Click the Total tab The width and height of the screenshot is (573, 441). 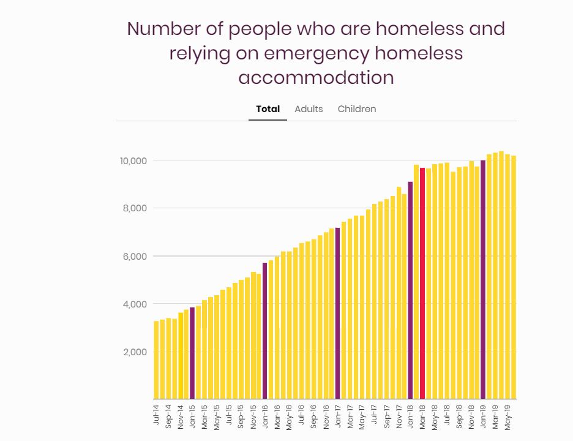coord(268,109)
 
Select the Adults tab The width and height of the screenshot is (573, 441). coord(309,109)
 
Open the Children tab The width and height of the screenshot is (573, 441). coord(357,109)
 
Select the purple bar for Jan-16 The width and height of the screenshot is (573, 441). coord(264,331)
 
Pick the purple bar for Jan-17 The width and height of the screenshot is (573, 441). coord(337,313)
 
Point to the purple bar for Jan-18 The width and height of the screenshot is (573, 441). coord(410,290)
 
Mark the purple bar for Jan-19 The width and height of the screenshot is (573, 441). coord(483,279)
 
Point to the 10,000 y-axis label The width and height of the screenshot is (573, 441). coord(133,160)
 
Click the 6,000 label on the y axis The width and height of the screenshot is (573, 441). coord(135,256)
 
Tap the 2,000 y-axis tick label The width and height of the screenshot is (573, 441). coord(135,352)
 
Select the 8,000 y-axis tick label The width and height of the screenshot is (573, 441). coord(135,208)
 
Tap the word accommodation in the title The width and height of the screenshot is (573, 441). coord(316,78)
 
